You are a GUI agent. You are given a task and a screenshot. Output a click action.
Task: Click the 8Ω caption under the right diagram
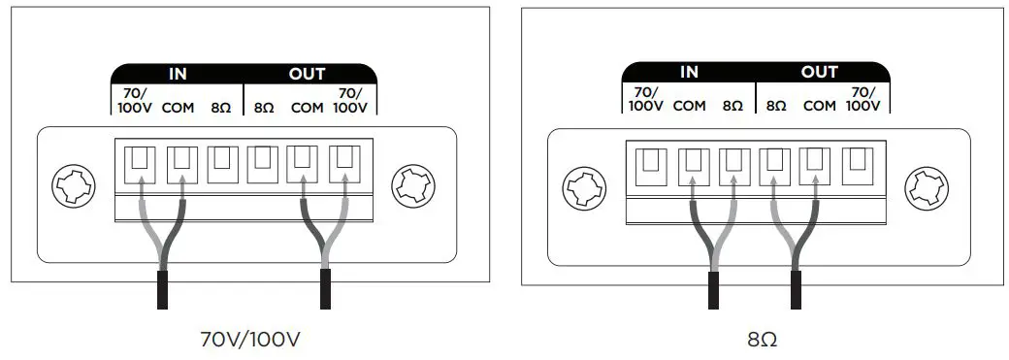(x=762, y=340)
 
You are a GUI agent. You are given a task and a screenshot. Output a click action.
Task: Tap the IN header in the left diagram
(x=178, y=74)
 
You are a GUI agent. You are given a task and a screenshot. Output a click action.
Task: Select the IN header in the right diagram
(x=689, y=73)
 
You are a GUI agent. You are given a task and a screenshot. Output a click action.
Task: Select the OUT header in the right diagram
(x=819, y=73)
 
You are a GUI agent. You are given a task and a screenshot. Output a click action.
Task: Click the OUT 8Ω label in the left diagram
(x=264, y=107)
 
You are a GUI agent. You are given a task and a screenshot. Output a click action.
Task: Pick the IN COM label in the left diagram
(x=178, y=107)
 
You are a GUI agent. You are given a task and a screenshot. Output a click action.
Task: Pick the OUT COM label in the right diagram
(x=820, y=105)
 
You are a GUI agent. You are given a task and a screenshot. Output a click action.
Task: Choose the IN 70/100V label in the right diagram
(x=645, y=99)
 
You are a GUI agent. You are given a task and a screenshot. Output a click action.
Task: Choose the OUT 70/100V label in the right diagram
(x=863, y=99)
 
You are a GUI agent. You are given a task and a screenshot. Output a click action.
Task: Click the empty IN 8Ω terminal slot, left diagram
(x=221, y=163)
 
